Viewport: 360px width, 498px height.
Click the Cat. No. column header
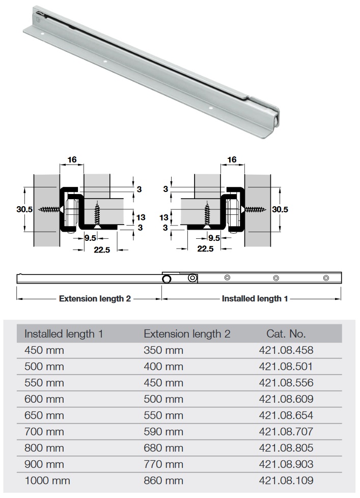286,334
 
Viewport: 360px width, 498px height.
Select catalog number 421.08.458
286,350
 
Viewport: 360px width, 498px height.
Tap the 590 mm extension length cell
163,432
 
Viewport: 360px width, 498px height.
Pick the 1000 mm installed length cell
47,481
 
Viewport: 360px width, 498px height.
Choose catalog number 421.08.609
286,399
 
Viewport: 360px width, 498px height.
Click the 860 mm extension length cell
163,481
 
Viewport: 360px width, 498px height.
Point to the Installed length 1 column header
64,334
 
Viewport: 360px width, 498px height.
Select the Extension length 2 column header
187,334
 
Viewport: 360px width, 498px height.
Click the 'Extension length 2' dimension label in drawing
95,298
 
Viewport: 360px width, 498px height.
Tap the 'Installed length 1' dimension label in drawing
255,298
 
